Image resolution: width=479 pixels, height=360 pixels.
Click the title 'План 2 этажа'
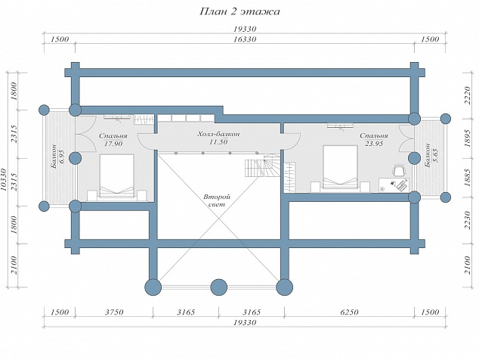click(239, 11)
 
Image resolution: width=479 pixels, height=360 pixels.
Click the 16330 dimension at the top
click(245, 39)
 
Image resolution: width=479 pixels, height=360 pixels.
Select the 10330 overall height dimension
click(4, 180)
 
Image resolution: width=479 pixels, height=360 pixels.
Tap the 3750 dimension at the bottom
click(114, 312)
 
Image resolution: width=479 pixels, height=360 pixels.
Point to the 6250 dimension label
click(349, 312)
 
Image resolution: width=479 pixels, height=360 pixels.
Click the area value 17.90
click(113, 144)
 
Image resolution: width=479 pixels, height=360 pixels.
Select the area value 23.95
click(374, 144)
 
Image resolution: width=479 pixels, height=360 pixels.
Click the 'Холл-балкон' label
click(219, 135)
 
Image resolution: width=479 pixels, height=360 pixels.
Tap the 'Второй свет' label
click(217, 200)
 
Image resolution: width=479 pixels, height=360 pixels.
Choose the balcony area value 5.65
click(435, 155)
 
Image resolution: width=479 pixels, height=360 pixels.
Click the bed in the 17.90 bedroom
click(116, 176)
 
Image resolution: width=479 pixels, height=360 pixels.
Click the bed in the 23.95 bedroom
click(340, 167)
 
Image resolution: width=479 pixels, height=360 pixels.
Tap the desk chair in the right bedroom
click(399, 170)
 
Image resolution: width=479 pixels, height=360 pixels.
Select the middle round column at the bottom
click(219, 287)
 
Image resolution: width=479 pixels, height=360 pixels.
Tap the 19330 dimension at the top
click(245, 29)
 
